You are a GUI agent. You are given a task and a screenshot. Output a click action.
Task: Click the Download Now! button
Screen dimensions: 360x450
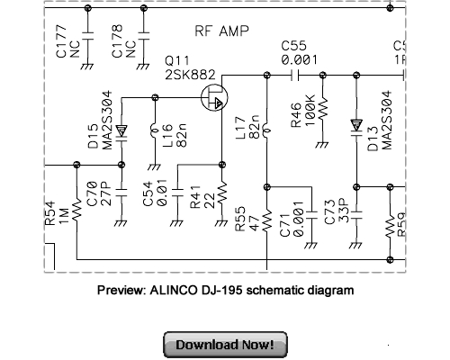[x=225, y=345]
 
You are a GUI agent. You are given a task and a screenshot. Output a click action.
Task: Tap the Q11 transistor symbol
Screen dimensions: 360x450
[x=215, y=97]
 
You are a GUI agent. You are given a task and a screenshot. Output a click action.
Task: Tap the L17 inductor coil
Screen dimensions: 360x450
[x=267, y=126]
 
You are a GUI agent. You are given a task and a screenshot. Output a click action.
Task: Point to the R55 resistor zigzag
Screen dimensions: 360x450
[x=267, y=220]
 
